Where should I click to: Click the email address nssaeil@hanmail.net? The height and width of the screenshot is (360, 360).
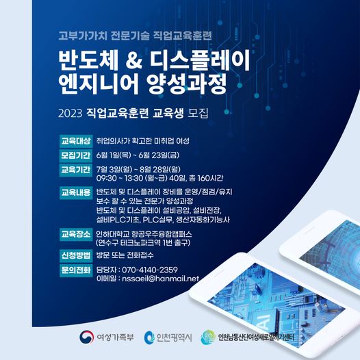point(159,279)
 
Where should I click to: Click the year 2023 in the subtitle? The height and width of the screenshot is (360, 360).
point(73,110)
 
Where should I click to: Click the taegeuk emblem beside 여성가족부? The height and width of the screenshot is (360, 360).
point(86,339)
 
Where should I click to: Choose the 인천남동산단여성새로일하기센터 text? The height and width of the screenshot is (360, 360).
point(257,339)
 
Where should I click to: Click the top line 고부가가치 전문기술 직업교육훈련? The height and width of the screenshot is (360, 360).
point(127,34)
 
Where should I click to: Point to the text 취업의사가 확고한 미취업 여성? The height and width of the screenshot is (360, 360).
point(143,140)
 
